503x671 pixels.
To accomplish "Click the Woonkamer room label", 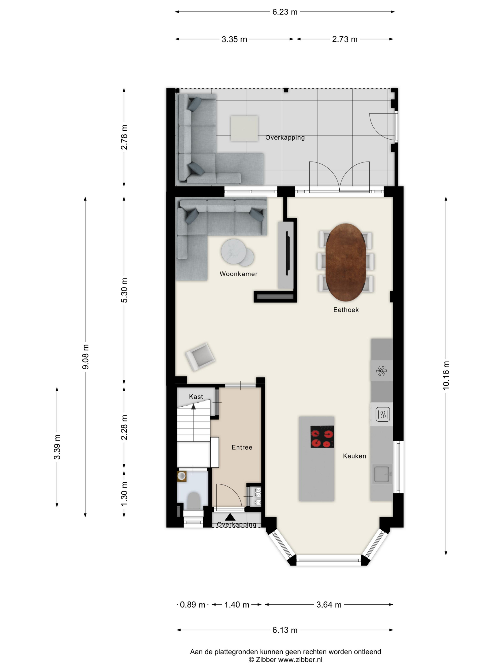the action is point(238,274).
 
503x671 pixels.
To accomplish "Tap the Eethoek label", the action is point(346,310).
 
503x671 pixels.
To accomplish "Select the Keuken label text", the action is point(354,456).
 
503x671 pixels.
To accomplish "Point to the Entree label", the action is point(242,447).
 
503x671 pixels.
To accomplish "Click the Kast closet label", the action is point(196,396).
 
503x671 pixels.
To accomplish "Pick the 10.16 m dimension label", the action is point(446,375).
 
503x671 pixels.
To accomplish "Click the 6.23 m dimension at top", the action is point(285,12).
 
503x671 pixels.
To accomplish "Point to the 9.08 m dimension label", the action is point(86,357).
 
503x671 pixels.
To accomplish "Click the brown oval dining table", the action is point(346,262).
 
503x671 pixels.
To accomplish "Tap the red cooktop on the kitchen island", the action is point(322,437).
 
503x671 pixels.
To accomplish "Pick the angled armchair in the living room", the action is point(200,357).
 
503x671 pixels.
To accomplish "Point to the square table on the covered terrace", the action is point(244,128).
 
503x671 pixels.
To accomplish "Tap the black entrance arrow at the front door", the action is point(230,517).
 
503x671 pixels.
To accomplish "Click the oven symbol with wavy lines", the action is point(383,414).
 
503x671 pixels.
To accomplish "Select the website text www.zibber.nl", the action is point(300,659).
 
